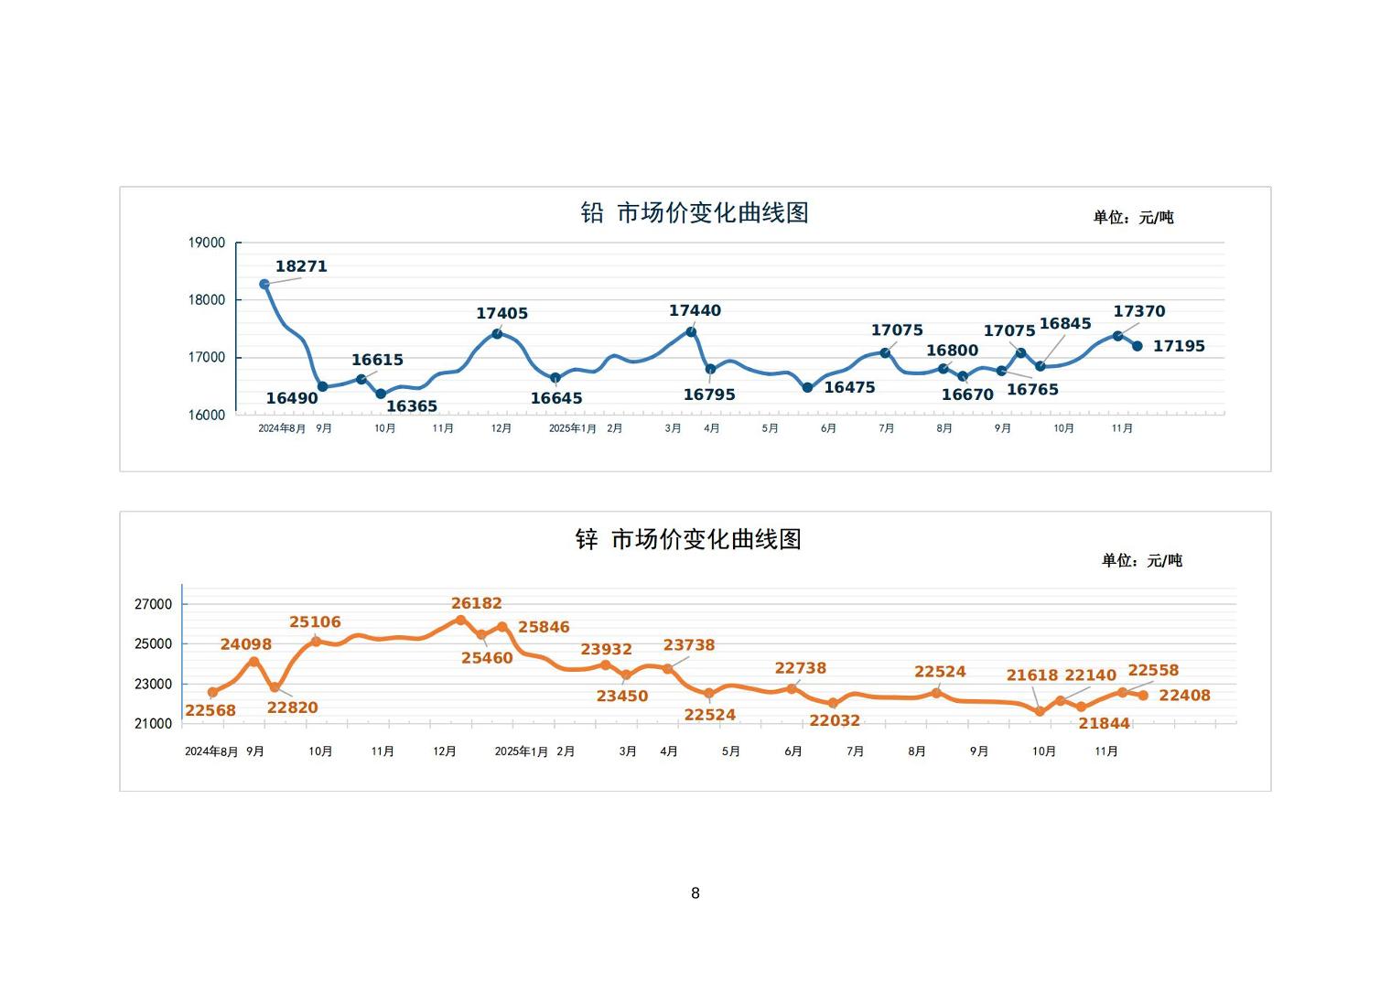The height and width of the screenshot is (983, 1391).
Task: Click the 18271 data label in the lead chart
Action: tap(301, 266)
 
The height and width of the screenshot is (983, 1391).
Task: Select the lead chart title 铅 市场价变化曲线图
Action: tap(695, 213)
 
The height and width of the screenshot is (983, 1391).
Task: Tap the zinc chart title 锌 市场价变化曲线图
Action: tap(688, 539)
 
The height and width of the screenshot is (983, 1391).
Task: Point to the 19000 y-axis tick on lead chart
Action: tap(207, 243)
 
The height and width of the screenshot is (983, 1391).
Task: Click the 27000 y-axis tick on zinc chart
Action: tap(153, 604)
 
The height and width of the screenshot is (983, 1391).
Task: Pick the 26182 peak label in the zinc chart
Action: tap(477, 603)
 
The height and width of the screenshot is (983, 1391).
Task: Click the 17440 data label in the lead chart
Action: tap(695, 310)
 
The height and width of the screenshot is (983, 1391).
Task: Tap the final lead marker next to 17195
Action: tap(1138, 346)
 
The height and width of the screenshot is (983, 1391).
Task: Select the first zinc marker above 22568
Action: tap(212, 692)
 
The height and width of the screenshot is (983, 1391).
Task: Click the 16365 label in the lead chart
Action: tap(412, 406)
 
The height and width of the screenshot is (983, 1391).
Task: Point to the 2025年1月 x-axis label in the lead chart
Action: tap(573, 428)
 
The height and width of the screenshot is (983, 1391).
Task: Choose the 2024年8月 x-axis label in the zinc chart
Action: tap(211, 751)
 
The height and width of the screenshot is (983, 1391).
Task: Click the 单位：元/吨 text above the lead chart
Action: tap(1133, 218)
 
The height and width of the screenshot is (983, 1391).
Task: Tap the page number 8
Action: tap(695, 893)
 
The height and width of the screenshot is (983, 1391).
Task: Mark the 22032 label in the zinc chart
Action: tap(835, 720)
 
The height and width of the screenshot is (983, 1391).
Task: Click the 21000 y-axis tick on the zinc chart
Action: tap(153, 723)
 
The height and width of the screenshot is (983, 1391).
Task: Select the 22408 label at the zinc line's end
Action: tap(1184, 696)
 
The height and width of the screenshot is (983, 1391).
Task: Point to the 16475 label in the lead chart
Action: tap(849, 387)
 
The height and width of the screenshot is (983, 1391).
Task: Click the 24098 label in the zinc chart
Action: tap(246, 644)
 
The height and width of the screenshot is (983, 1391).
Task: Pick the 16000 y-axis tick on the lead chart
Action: tap(207, 415)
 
